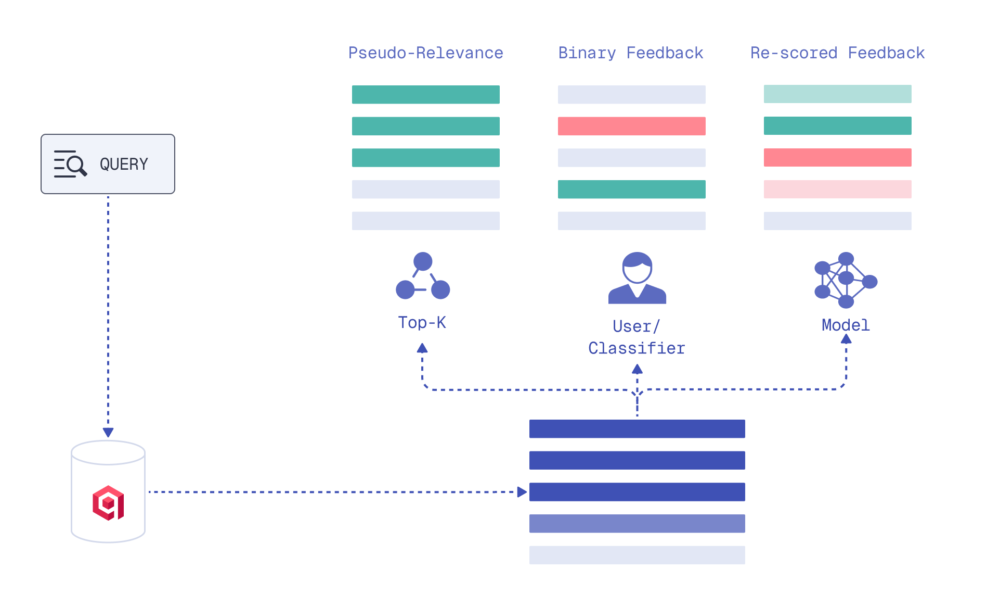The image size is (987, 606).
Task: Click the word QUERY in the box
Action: coord(124,165)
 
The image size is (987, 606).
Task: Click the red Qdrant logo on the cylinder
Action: coord(108,503)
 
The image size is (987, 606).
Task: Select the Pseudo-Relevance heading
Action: coord(425,53)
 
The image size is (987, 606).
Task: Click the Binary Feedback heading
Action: coord(630,53)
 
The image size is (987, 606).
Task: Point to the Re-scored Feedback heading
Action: coord(837,53)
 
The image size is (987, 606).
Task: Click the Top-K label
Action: coord(422,323)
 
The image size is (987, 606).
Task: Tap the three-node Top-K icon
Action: coord(423,276)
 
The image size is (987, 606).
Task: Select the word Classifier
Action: coord(637,348)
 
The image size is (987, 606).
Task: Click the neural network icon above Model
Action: coord(845,280)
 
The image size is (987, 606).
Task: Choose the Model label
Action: coord(846,325)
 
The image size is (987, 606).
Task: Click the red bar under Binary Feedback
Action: coord(631,126)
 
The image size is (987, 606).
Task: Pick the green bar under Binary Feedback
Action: coord(631,189)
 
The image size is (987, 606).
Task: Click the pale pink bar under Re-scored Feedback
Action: coord(837,189)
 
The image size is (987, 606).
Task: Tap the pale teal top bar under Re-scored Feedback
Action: coord(837,94)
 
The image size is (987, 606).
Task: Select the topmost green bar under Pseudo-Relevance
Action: coord(425,95)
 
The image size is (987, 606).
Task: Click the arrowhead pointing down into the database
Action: coord(108,432)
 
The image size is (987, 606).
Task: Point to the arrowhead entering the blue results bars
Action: coord(522,492)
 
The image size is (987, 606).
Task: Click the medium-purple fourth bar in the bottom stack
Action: coord(637,523)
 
